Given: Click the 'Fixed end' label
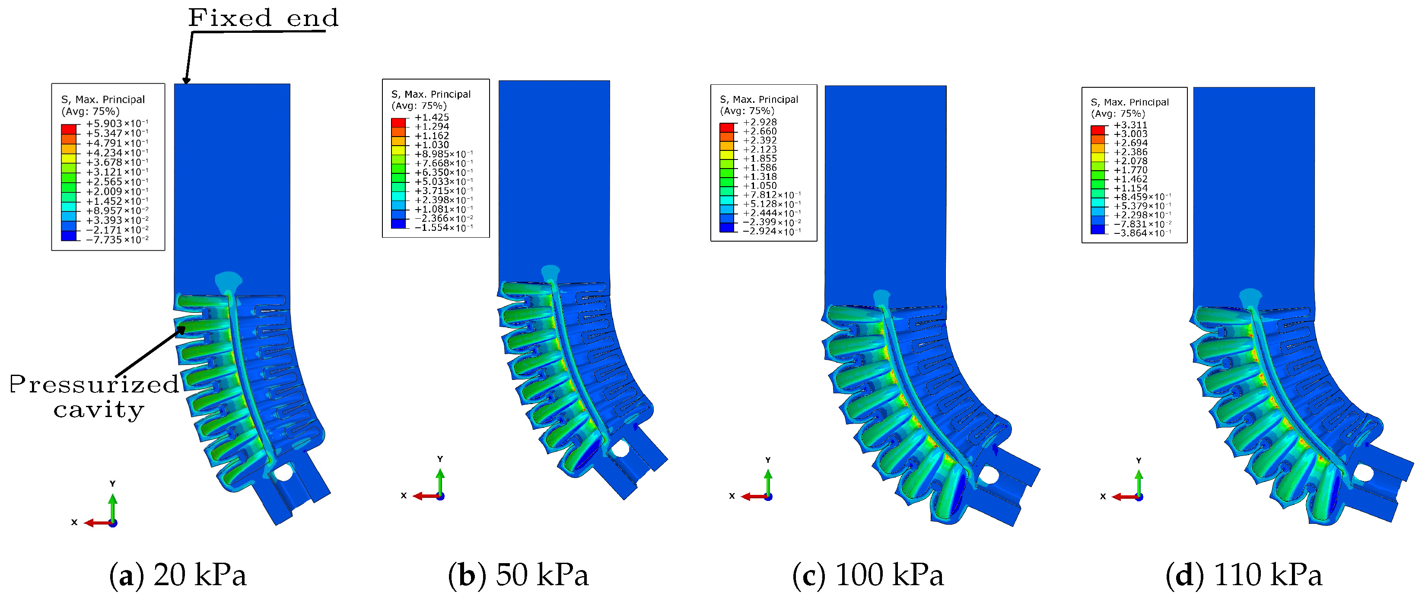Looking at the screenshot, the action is [263, 18].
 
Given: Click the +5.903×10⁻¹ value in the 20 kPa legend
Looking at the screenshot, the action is [117, 124].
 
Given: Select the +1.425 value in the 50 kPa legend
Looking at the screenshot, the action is [432, 117].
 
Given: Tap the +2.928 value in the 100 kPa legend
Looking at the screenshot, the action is [760, 122].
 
